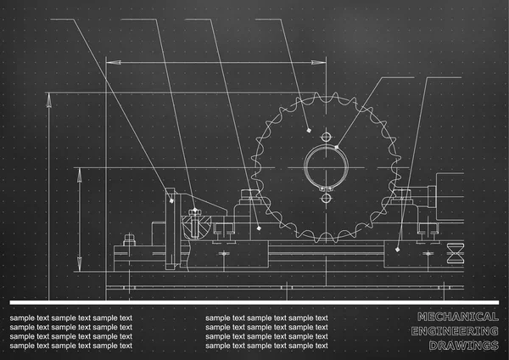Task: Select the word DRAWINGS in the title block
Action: point(462,345)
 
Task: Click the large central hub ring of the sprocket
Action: point(326,166)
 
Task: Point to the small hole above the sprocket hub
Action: point(326,135)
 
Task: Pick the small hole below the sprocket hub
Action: point(326,198)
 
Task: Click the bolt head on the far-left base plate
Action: point(129,239)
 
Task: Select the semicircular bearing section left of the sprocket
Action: point(193,222)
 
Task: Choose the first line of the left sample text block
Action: point(71,318)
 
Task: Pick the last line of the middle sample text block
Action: point(266,346)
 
